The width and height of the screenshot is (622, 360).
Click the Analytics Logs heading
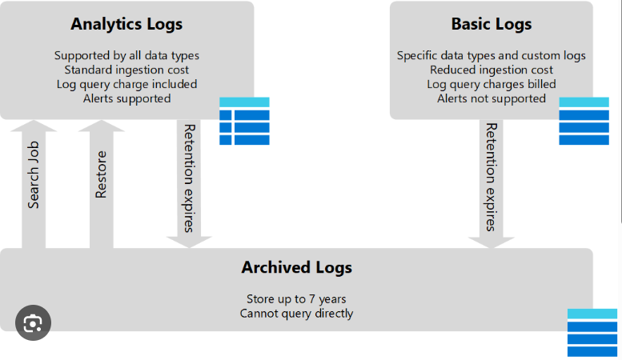126,24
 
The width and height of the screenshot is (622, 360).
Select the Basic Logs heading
491,24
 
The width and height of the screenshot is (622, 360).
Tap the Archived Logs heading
297,268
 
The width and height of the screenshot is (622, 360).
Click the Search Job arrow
34,184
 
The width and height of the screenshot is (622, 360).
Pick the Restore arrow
102,184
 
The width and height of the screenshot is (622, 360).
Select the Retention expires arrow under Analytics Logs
189,184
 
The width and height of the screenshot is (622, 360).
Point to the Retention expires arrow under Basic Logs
491,184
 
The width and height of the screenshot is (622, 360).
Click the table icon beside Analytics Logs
244,121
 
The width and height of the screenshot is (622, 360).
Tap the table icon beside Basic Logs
584,121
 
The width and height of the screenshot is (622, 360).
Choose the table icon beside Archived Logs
592,333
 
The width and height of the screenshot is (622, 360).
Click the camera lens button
33,322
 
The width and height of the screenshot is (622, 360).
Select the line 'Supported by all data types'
126,56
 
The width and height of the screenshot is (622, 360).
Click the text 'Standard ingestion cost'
126,70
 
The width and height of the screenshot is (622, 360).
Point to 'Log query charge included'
126,85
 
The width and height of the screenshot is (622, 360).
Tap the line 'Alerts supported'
126,98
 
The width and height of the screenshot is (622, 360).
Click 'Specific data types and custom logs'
491,56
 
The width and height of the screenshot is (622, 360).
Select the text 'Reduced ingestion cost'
491,70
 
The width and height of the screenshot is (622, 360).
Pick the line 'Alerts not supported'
491,98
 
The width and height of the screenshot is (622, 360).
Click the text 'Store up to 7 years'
296,299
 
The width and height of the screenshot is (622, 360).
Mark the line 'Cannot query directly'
296,314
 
